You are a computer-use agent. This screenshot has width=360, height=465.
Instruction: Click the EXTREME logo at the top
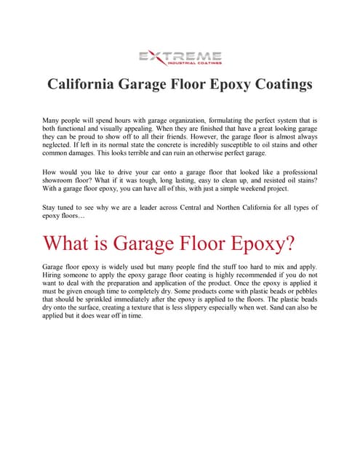pos(180,57)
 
